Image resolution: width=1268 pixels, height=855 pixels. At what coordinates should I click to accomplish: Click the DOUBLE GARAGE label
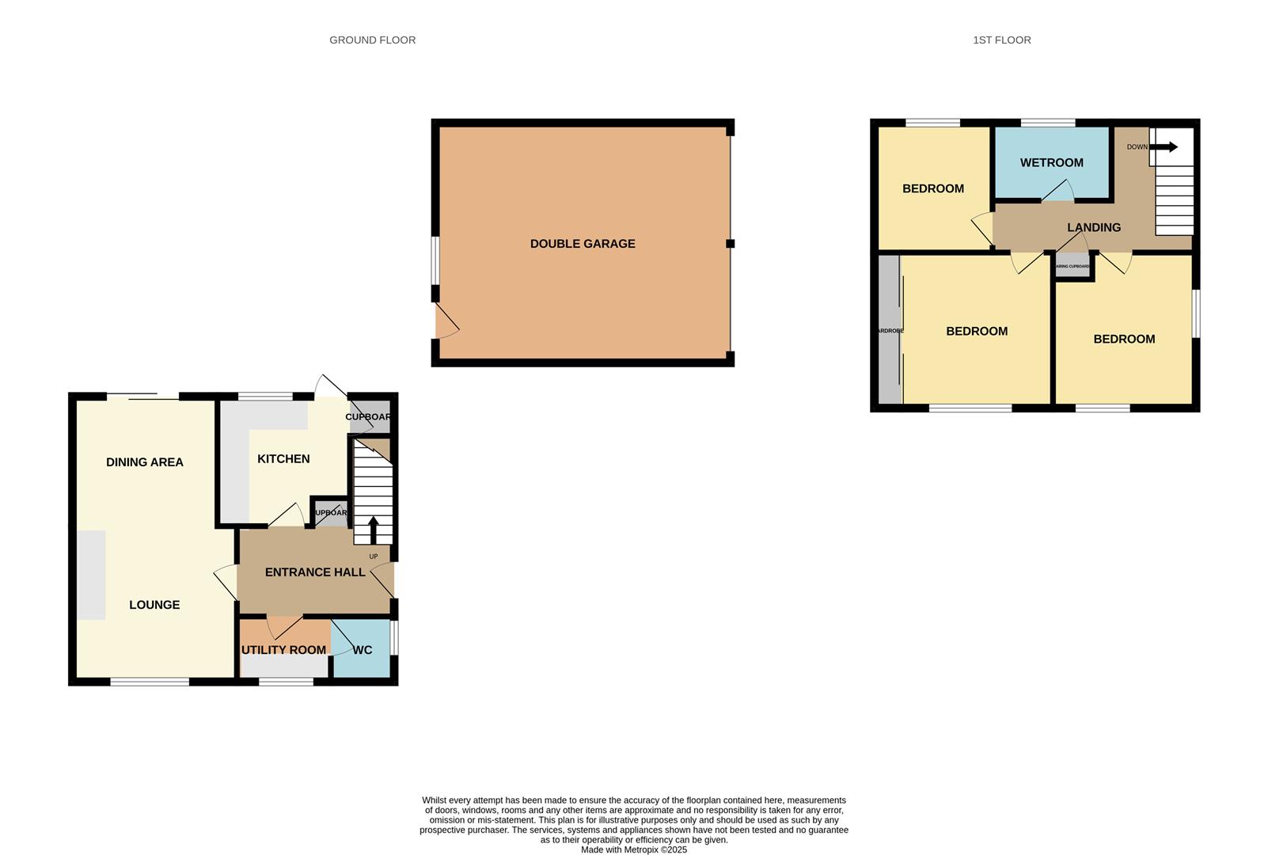[583, 244]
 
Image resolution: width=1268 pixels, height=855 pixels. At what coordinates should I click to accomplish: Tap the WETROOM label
[1051, 162]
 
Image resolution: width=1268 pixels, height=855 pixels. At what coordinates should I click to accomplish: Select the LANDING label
[1094, 227]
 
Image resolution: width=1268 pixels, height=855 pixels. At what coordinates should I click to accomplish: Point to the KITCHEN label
[283, 458]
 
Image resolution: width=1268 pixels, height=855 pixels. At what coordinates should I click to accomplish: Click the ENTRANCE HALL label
[315, 572]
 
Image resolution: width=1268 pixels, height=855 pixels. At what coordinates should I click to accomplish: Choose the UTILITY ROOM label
[283, 650]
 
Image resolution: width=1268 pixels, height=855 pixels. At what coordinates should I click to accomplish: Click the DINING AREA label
[145, 462]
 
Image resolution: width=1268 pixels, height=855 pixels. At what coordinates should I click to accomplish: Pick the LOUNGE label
[154, 605]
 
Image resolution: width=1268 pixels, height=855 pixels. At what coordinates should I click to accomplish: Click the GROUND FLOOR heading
[372, 40]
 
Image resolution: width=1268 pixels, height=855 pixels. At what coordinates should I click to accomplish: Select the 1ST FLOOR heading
[1001, 40]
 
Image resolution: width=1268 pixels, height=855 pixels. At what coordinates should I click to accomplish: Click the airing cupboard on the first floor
[1073, 267]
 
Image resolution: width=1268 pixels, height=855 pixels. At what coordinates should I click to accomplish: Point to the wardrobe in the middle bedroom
[890, 330]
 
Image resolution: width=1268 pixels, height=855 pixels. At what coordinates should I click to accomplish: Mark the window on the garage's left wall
[435, 260]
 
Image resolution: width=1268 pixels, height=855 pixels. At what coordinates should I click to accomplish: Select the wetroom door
[1057, 192]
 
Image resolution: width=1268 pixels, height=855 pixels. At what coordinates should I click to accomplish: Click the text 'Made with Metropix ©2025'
[634, 849]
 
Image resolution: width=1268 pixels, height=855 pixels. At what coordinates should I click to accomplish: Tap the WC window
[395, 637]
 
